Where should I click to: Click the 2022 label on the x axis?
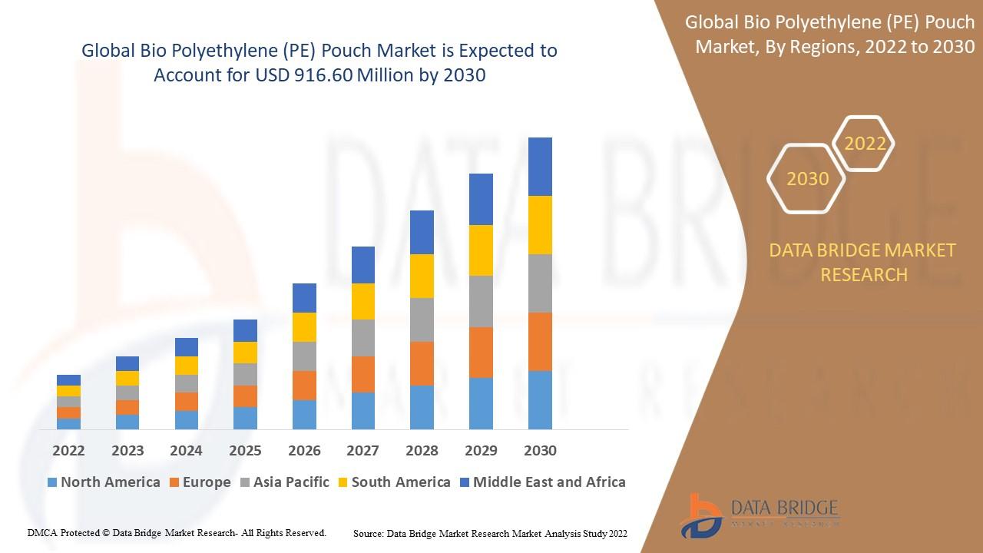click(68, 450)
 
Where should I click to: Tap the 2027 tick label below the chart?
click(362, 450)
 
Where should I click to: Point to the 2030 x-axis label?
click(539, 450)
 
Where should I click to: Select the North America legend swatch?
click(52, 482)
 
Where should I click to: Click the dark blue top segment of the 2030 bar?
click(540, 167)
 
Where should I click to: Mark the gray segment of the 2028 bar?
click(422, 320)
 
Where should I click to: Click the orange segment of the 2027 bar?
click(363, 374)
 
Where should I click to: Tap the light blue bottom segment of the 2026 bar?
click(304, 415)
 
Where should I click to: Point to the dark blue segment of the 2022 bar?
click(68, 379)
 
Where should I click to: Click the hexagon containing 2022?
click(865, 144)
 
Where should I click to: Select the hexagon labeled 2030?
click(807, 179)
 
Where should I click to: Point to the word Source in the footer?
click(368, 533)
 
